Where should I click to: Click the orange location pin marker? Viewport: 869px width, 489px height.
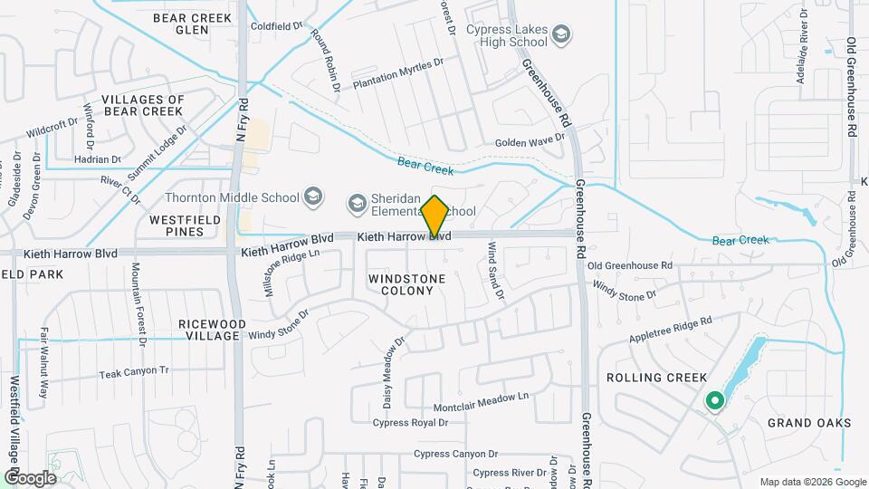tap(435, 216)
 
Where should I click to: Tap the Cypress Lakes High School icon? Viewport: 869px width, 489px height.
tap(562, 35)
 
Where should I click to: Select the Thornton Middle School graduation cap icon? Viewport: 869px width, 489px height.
tap(313, 196)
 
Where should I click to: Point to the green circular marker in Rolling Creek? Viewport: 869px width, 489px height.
tap(714, 399)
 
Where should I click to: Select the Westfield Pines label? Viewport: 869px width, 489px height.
tap(177, 225)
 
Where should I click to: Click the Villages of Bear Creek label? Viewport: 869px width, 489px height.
tap(143, 105)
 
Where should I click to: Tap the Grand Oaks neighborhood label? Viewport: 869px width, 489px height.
tap(809, 423)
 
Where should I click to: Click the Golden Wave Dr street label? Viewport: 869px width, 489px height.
tap(530, 141)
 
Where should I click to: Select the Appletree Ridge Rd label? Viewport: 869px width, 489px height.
tap(669, 327)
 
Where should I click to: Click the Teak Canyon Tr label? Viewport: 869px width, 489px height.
tap(134, 372)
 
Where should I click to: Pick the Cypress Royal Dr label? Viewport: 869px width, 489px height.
tap(410, 423)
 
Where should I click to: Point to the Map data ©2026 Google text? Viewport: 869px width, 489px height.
tap(811, 482)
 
